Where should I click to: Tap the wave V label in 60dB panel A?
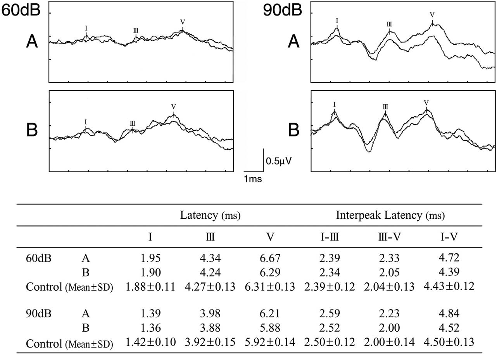pos(183,22)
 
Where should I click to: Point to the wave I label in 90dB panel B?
pos(334,104)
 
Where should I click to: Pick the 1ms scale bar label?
pos(252,179)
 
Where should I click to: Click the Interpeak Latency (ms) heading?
pos(390,215)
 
